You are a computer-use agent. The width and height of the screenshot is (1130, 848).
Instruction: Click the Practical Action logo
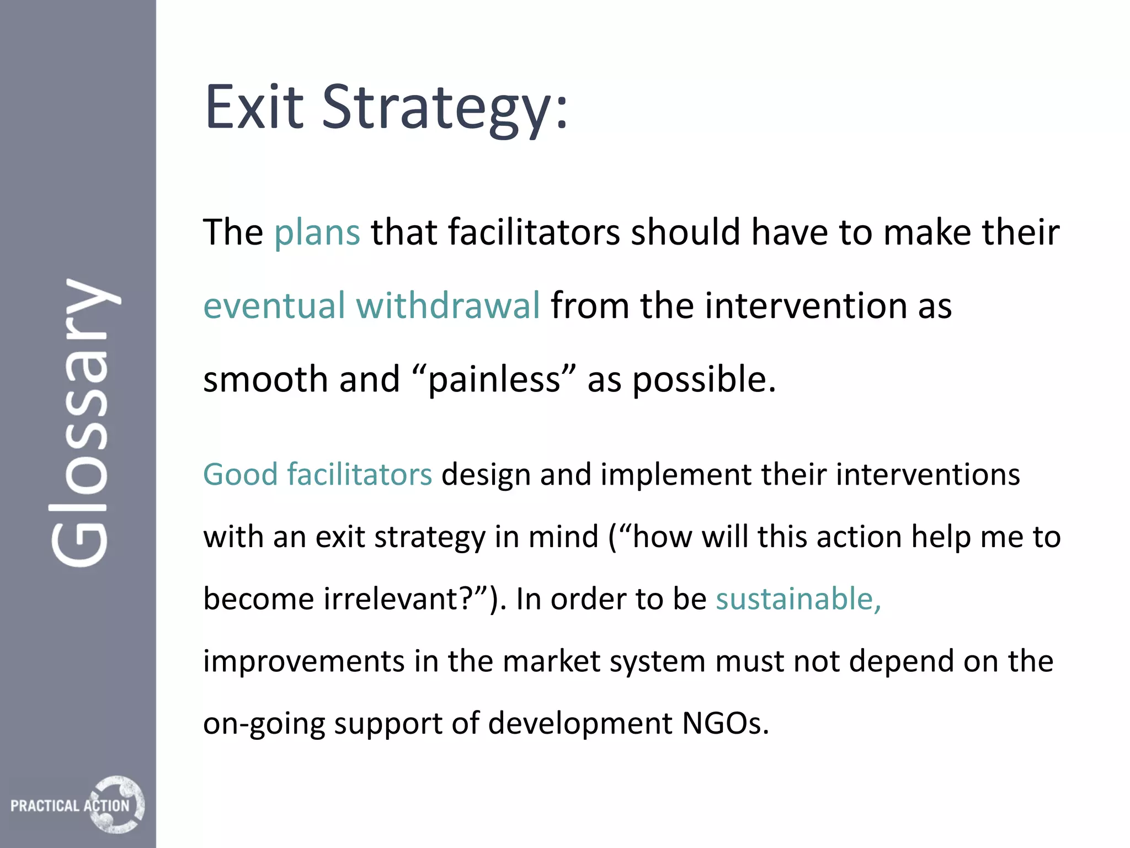coord(77,804)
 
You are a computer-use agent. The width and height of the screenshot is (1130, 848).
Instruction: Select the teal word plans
coord(317,233)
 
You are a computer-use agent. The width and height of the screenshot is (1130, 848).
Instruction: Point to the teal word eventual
coord(274,306)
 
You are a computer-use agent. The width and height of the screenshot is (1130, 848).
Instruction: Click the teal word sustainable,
coord(798,599)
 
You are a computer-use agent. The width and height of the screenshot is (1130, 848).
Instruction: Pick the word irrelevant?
coord(406,599)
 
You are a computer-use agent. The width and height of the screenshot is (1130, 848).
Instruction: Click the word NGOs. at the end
coord(725,723)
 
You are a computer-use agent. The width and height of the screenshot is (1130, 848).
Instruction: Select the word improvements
coord(303,661)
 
